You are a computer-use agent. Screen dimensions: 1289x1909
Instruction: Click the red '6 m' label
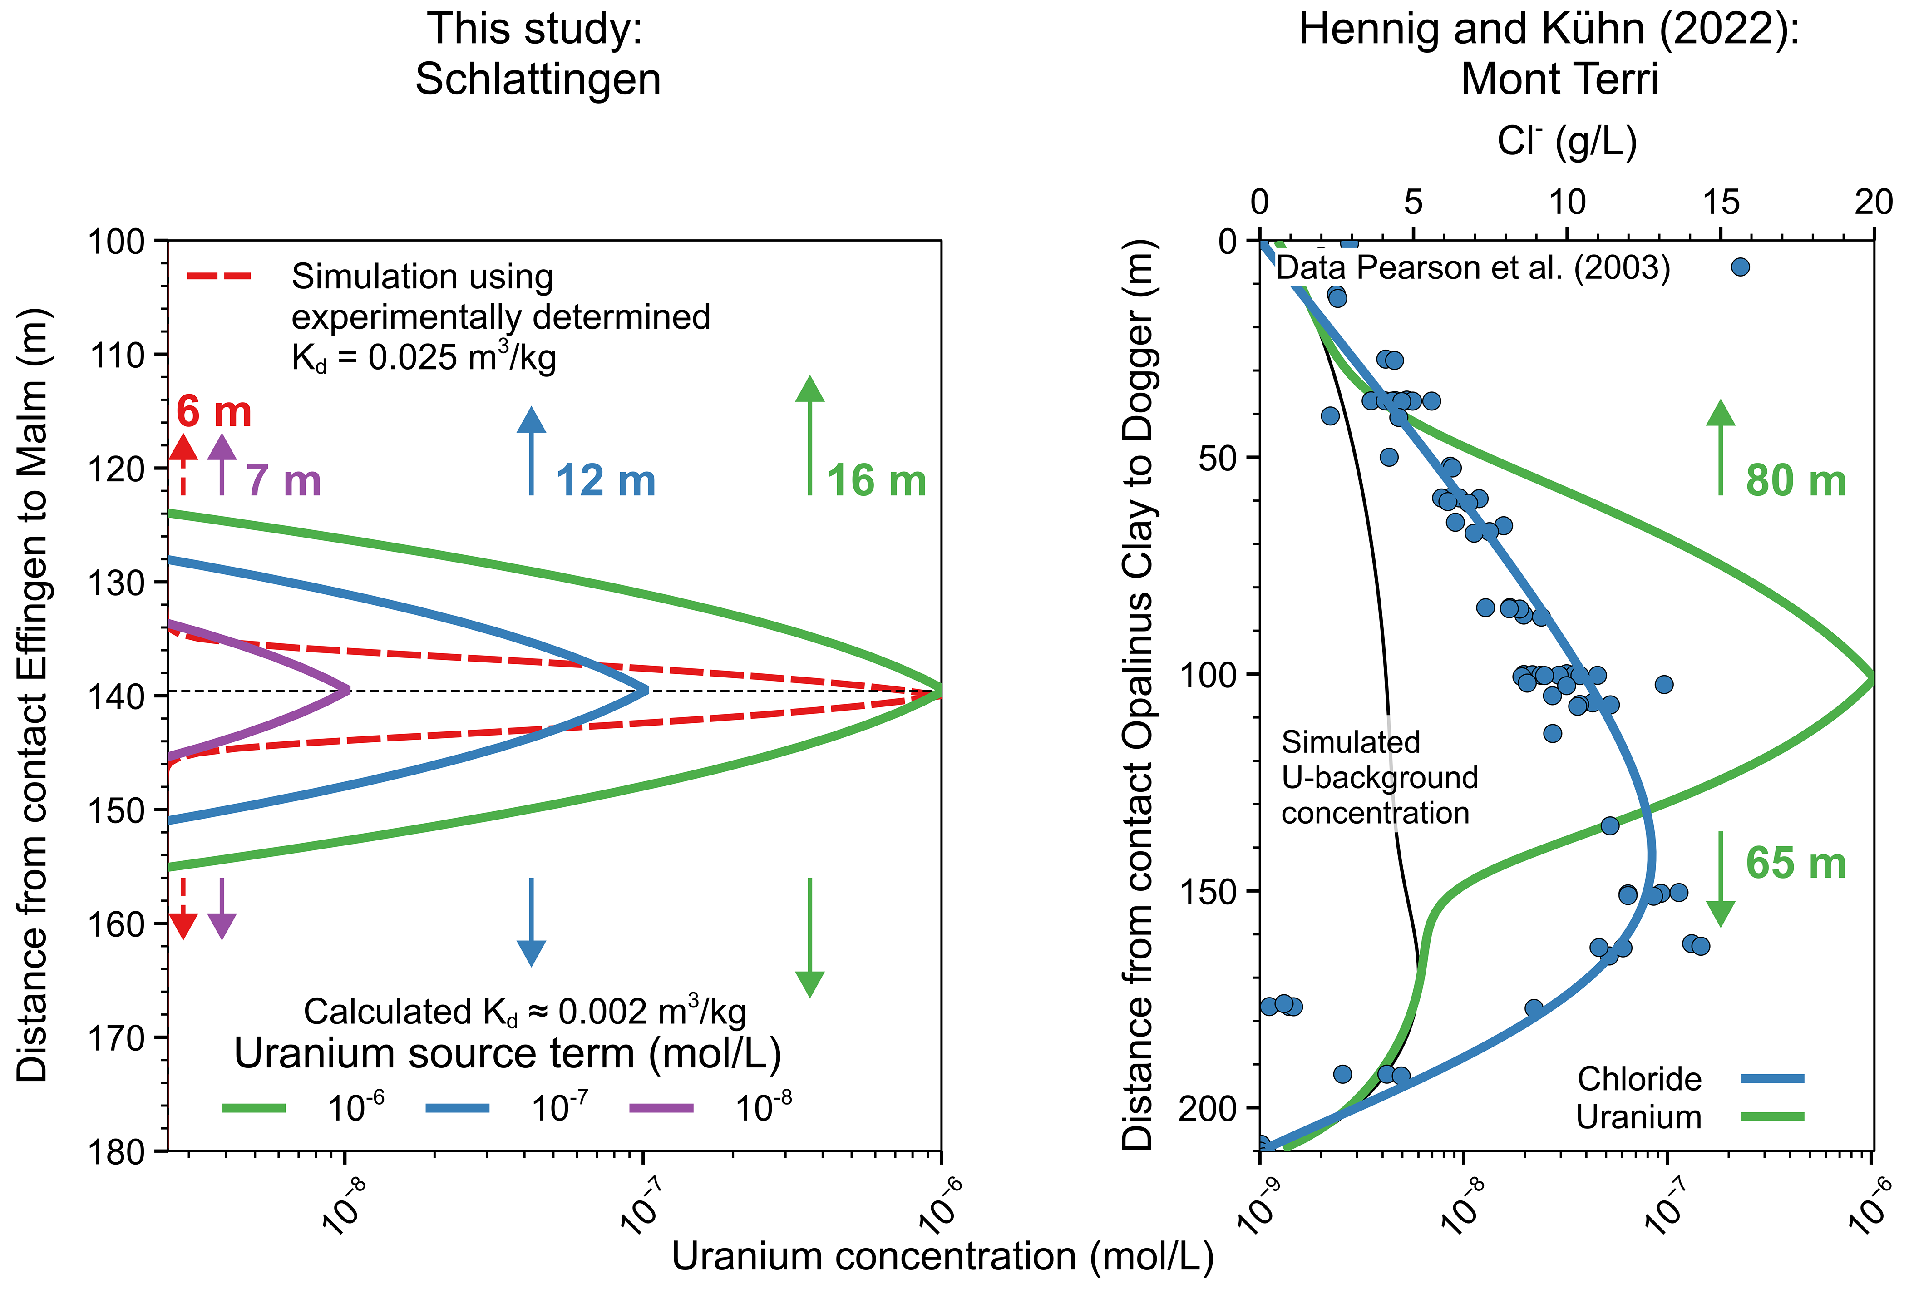(213, 412)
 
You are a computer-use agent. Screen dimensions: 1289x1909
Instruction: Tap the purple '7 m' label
(283, 481)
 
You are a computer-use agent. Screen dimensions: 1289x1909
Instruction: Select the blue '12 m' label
(606, 481)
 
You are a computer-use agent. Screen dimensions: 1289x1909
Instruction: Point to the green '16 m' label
(877, 481)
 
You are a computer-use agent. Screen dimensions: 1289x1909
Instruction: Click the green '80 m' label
(1796, 481)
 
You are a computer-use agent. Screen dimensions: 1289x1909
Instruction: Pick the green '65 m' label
(1796, 864)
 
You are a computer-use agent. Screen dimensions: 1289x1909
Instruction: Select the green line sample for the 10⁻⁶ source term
(254, 1108)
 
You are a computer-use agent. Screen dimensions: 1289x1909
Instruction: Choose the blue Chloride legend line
(1772, 1079)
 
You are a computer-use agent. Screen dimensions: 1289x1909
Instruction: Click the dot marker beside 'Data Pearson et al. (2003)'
(1740, 267)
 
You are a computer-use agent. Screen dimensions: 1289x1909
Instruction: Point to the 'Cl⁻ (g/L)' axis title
(1566, 141)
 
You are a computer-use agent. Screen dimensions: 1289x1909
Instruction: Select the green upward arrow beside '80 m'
(1720, 448)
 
